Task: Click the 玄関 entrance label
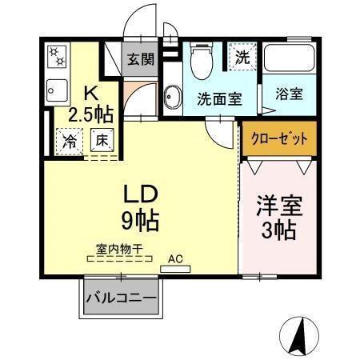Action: [x=138, y=60]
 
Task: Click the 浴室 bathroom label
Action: [x=290, y=94]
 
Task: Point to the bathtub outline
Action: [x=290, y=59]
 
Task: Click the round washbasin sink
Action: [x=171, y=98]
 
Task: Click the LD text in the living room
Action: [x=144, y=194]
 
